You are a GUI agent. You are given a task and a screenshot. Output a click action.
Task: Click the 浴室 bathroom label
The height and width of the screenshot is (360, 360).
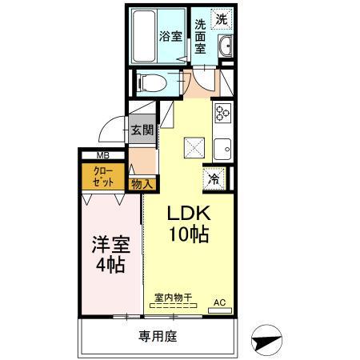[170, 36]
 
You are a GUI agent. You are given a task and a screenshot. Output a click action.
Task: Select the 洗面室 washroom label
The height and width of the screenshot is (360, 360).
[202, 36]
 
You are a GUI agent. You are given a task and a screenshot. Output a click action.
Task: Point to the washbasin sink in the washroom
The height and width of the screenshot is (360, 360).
[225, 46]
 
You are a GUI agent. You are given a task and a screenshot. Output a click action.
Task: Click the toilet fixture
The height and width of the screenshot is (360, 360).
[150, 80]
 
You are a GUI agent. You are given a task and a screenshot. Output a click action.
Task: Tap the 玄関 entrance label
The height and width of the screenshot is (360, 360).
[142, 130]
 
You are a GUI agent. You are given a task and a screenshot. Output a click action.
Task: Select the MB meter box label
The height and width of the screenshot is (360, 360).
[103, 156]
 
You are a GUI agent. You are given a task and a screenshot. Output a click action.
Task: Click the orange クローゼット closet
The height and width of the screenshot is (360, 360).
[103, 177]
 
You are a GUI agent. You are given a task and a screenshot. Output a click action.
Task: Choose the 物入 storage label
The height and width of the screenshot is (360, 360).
[142, 183]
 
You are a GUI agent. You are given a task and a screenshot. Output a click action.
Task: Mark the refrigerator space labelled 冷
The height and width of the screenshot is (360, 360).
[214, 178]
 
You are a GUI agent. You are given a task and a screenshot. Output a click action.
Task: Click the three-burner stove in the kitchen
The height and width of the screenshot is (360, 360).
[222, 113]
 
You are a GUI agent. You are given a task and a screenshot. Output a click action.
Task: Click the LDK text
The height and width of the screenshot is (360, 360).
[188, 215]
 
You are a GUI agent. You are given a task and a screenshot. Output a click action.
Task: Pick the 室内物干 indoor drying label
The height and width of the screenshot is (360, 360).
[174, 298]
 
